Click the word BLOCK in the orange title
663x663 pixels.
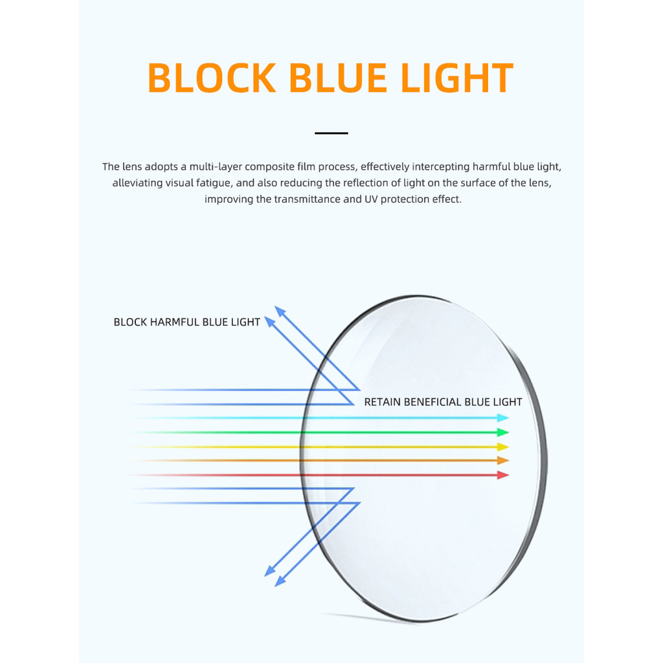[x=212, y=78]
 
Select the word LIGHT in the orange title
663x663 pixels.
[x=457, y=78]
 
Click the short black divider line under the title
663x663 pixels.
[x=331, y=133]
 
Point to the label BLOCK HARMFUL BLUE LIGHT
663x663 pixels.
[x=186, y=322]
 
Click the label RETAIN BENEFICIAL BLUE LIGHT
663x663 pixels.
[x=443, y=402]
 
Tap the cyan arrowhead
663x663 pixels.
[x=503, y=418]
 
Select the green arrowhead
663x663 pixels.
[x=503, y=433]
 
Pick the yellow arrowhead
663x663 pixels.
[x=503, y=447]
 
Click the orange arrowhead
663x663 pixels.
[x=503, y=460]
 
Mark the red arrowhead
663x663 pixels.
[x=503, y=475]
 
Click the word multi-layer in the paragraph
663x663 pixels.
[x=216, y=167]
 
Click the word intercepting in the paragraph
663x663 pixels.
[x=438, y=167]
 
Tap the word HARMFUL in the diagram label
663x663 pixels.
[x=175, y=322]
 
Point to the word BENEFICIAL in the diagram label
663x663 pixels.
[x=433, y=402]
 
